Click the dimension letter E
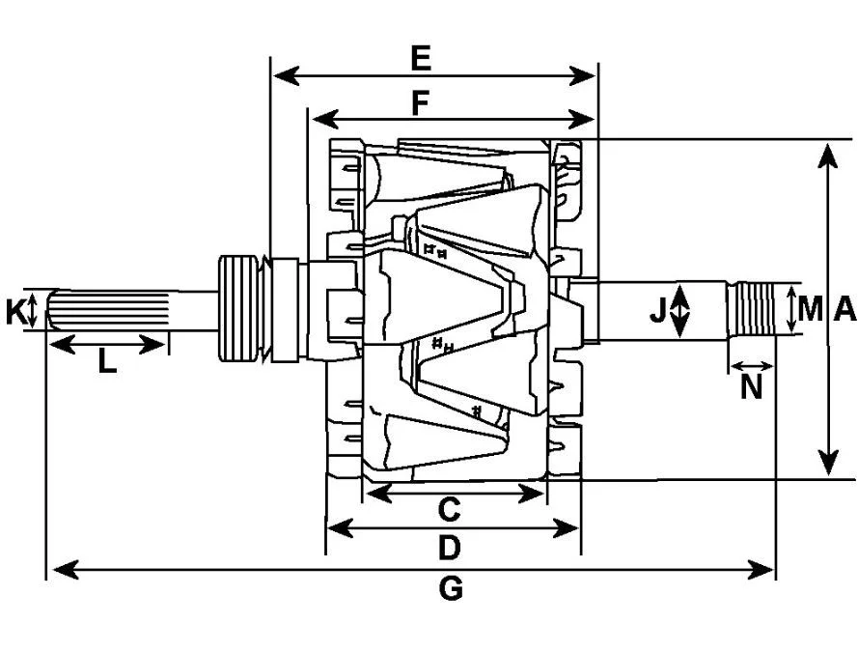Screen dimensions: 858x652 [420, 59]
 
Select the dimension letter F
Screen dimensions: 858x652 [420, 104]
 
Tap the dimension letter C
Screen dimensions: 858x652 [449, 510]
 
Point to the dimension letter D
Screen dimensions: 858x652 [449, 548]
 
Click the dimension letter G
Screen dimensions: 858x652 [451, 589]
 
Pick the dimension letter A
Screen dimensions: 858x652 [844, 309]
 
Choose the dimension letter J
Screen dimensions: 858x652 [657, 310]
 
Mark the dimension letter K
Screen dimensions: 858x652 [14, 312]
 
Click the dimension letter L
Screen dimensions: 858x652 [107, 361]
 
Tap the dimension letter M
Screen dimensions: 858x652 [811, 309]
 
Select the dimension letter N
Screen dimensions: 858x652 [751, 387]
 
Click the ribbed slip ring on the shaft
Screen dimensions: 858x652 [238, 308]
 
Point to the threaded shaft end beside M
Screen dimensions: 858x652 [753, 309]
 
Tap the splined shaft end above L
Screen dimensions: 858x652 [109, 310]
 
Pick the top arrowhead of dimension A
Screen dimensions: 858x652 [829, 156]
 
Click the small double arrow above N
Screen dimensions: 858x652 [752, 366]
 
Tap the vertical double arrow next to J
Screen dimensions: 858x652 [679, 310]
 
